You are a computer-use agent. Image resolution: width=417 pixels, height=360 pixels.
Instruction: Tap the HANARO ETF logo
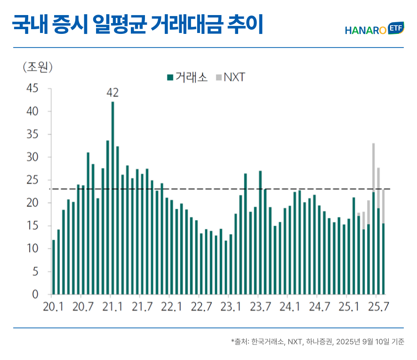coord(375,30)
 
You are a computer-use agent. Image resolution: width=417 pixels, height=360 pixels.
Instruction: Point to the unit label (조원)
coord(38,67)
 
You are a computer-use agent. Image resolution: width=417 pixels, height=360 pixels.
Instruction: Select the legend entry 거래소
coord(187,77)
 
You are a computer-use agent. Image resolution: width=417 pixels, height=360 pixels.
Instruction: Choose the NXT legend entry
coord(231,77)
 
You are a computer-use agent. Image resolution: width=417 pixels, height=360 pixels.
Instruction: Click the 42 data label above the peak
coord(112,93)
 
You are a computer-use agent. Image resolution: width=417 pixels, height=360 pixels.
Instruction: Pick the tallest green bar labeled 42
coord(113,198)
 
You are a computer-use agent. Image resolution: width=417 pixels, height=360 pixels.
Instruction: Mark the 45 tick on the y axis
coord(32,88)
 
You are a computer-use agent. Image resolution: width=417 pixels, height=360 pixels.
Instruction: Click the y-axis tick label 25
coord(32,180)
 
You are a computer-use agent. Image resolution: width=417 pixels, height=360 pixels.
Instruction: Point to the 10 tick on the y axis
coord(32,249)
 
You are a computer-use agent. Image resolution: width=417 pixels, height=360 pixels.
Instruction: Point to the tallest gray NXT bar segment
coord(373,167)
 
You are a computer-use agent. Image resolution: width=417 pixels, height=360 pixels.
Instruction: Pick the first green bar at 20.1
coord(54,267)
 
